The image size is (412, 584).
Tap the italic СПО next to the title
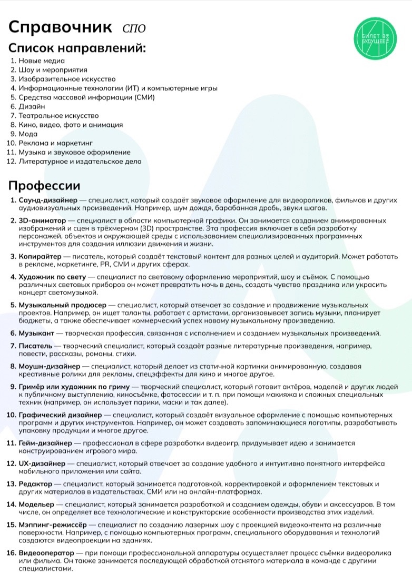tap(133, 28)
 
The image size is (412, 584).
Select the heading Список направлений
tap(77, 48)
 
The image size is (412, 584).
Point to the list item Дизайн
tap(32, 107)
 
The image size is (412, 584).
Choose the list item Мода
tap(28, 134)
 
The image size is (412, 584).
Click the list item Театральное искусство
tap(58, 116)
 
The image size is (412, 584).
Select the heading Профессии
tap(44, 186)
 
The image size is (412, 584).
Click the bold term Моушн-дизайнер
tap(50, 366)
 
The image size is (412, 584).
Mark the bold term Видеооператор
tap(47, 553)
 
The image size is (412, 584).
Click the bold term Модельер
tap(38, 504)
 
